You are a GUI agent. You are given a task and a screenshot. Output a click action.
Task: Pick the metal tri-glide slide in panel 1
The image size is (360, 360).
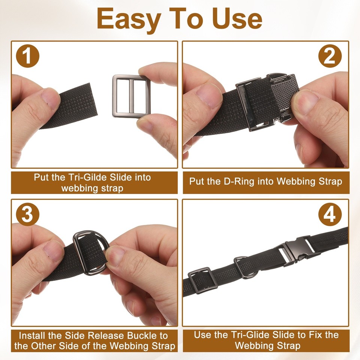(131, 96)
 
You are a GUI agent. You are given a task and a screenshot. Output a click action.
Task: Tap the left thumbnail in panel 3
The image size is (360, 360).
(51, 250)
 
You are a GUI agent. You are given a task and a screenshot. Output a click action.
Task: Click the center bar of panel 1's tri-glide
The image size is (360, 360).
(131, 96)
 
